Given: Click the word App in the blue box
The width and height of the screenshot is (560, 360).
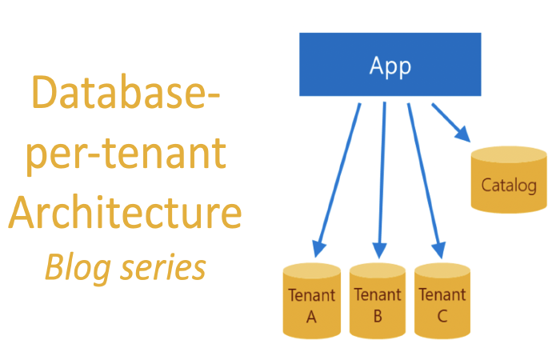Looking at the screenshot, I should [390, 66].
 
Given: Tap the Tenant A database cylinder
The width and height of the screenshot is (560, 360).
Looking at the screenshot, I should [311, 300].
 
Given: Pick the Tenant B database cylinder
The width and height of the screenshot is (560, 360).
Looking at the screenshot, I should [377, 300].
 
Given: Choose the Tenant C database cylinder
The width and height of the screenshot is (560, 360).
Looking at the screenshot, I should [442, 300].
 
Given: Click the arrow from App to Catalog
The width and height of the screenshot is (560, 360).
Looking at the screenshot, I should [450, 122].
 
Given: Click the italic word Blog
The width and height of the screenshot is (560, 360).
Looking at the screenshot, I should [77, 267].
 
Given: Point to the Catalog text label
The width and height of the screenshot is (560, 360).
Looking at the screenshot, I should [509, 186].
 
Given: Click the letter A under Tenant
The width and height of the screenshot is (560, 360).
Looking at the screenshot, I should [311, 317].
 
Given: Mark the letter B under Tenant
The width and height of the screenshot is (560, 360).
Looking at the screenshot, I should [377, 317].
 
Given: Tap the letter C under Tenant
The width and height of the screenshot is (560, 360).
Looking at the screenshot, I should [442, 317].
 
